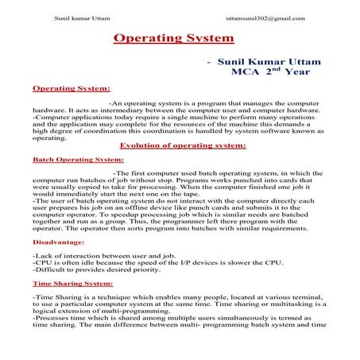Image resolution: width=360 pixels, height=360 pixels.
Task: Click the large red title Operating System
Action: (173, 37)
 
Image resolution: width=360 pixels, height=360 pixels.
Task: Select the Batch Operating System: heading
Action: (77, 159)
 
